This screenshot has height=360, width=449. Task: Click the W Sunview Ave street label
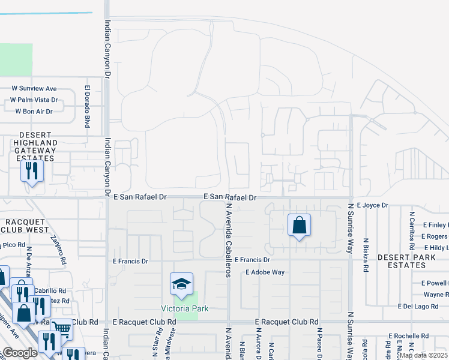pyautogui.click(x=34, y=89)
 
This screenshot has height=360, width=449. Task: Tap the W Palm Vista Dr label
pyautogui.click(x=34, y=100)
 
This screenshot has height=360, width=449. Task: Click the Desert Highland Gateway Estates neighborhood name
pyautogui.click(x=29, y=146)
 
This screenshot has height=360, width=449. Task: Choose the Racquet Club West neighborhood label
pyautogui.click(x=25, y=226)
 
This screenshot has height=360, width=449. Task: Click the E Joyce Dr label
pyautogui.click(x=373, y=205)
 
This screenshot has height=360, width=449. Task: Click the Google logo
pyautogui.click(x=20, y=353)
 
